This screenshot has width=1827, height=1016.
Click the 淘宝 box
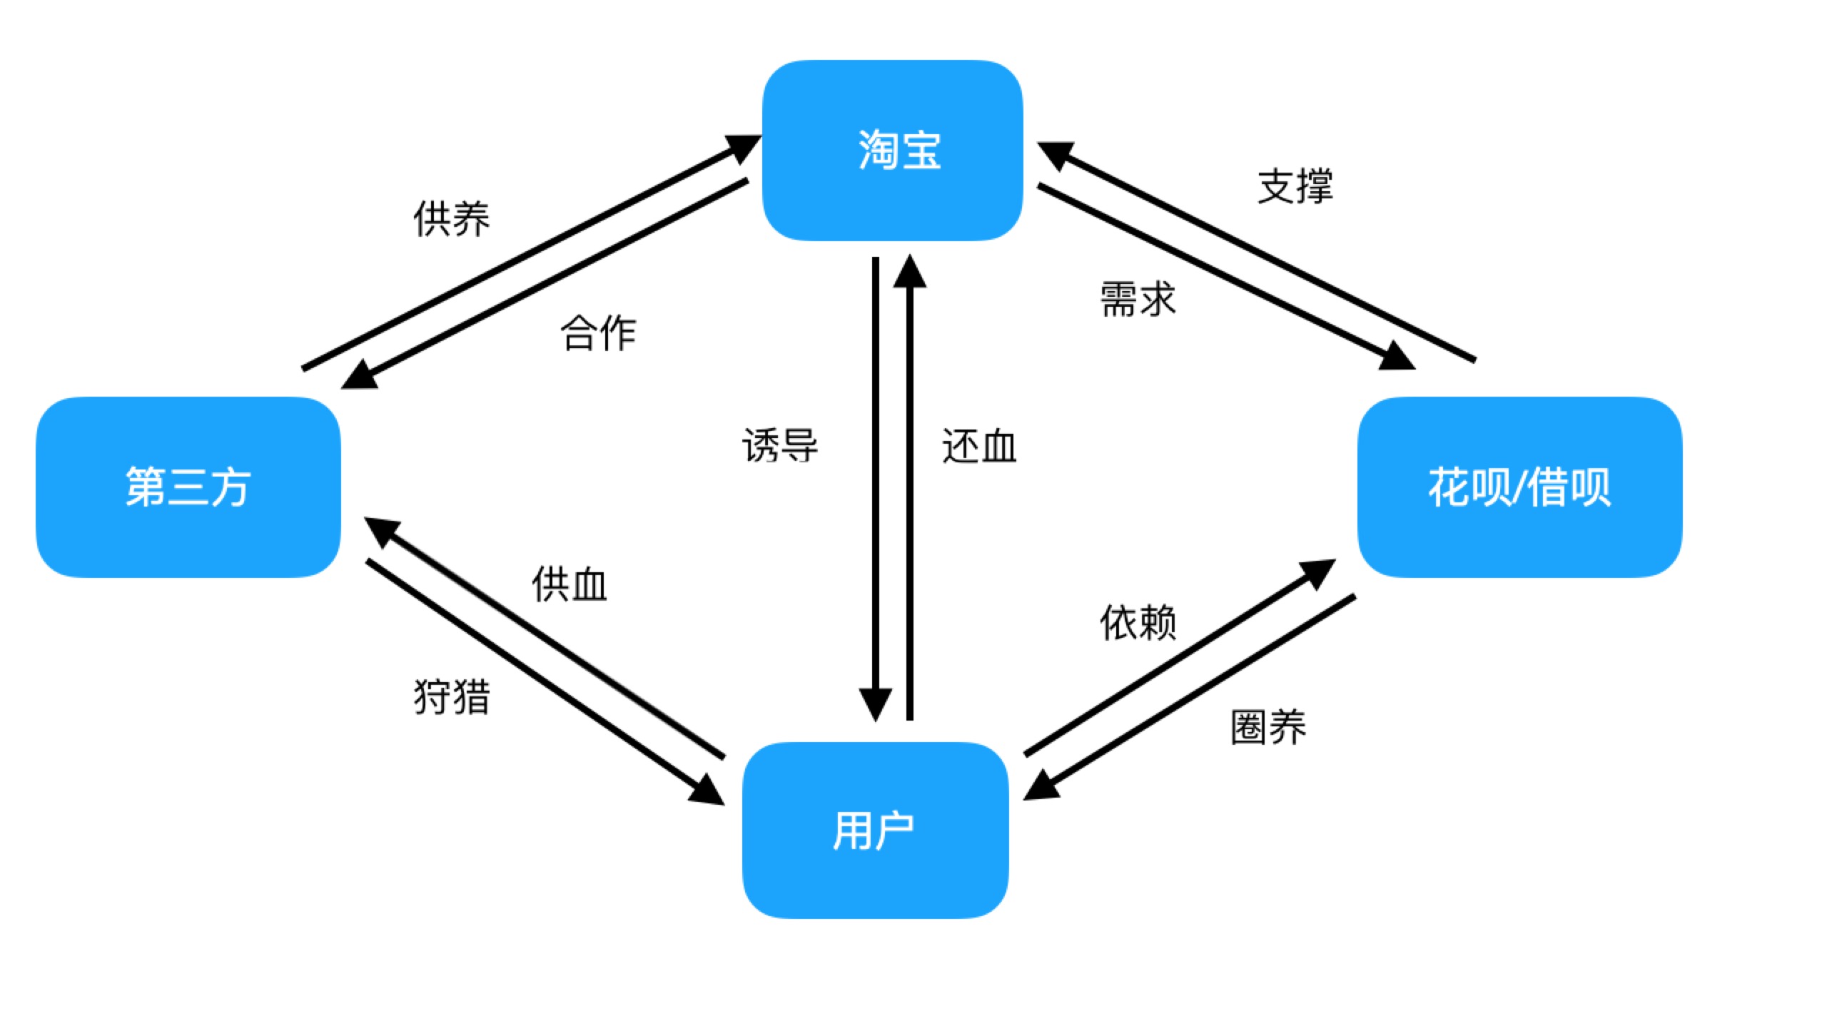pyautogui.click(x=893, y=151)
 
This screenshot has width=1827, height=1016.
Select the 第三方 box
pyautogui.click(x=188, y=487)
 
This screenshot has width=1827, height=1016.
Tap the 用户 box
pyautogui.click(x=875, y=830)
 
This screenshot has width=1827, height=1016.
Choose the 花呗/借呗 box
pyautogui.click(x=1519, y=487)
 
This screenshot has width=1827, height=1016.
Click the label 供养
pyautogui.click(x=451, y=218)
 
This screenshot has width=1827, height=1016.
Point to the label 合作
pyautogui.click(x=598, y=333)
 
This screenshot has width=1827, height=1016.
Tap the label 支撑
pyautogui.click(x=1295, y=187)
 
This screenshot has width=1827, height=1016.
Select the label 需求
pyautogui.click(x=1138, y=299)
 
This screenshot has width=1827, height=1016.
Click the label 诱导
pyautogui.click(x=780, y=446)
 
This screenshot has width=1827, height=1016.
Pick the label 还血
pyautogui.click(x=979, y=446)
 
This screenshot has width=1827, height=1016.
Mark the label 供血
pyautogui.click(x=569, y=584)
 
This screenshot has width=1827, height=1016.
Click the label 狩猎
pyautogui.click(x=452, y=696)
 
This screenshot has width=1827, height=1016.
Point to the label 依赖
pyautogui.click(x=1138, y=622)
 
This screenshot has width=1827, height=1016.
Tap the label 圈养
pyautogui.click(x=1268, y=728)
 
